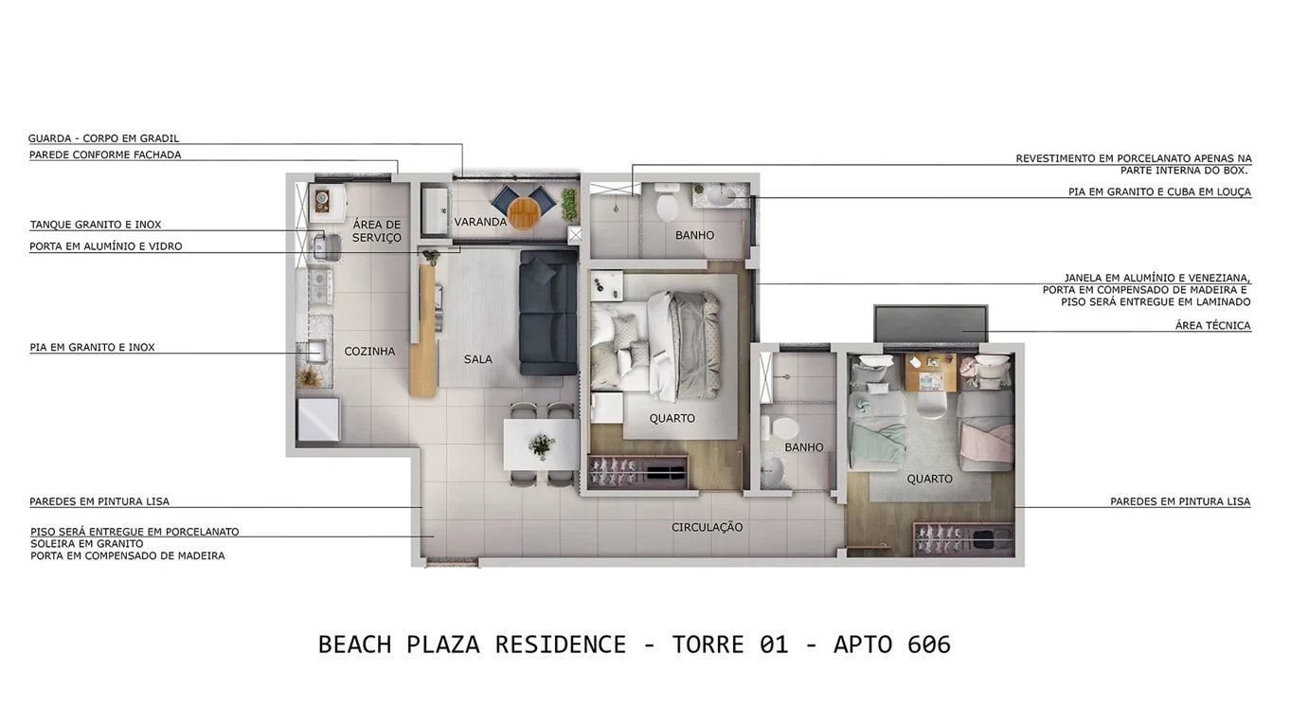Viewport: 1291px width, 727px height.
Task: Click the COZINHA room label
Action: click(x=369, y=352)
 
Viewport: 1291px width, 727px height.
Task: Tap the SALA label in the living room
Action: click(x=478, y=359)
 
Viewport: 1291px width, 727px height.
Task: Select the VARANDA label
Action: click(x=480, y=222)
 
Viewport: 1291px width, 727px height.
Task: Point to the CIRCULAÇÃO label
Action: click(x=708, y=527)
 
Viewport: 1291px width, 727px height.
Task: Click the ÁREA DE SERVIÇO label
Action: click(x=377, y=231)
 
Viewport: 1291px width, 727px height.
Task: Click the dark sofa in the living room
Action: click(x=548, y=312)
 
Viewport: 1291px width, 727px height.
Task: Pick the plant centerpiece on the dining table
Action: click(x=542, y=445)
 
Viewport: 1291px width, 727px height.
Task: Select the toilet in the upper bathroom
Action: click(x=668, y=205)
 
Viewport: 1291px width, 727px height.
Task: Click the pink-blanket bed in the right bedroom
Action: click(x=986, y=417)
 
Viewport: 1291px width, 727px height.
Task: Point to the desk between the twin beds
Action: click(x=930, y=371)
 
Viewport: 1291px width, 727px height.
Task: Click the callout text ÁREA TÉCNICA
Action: click(x=1212, y=326)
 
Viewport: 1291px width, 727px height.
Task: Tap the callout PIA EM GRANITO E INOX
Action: click(x=92, y=348)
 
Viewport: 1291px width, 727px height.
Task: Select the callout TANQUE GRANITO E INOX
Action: click(x=96, y=225)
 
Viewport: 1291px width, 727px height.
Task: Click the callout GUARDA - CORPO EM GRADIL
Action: click(x=103, y=138)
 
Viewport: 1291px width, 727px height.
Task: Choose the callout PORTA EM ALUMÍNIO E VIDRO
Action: click(x=106, y=246)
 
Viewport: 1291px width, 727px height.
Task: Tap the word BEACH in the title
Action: click(x=354, y=645)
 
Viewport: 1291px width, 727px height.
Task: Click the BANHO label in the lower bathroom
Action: click(x=804, y=447)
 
